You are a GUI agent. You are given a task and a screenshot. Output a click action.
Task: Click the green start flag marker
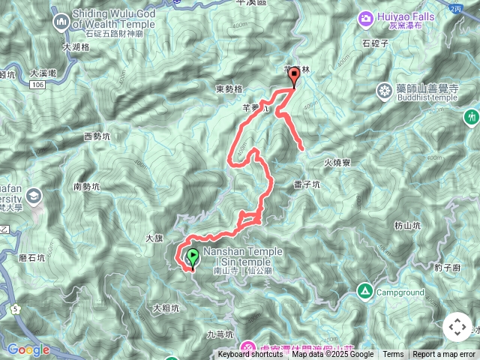[192, 257]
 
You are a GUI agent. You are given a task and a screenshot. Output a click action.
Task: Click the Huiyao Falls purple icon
[366, 17]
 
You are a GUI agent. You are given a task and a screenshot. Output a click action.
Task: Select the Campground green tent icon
[365, 291]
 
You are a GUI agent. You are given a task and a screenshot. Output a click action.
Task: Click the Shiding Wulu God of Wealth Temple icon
[61, 22]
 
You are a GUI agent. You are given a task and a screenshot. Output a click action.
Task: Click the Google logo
[28, 349]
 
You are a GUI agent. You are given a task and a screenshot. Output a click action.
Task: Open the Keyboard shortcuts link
[250, 355]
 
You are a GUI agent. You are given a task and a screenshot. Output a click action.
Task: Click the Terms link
[393, 355]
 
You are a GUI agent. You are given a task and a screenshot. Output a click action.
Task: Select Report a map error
[444, 355]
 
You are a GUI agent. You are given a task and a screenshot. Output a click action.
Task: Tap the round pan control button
[457, 327]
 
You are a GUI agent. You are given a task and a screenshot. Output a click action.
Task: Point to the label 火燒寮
[337, 160]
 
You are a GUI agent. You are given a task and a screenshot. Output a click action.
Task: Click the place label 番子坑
[307, 184]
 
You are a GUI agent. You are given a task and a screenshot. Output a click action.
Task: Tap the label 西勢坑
[97, 136]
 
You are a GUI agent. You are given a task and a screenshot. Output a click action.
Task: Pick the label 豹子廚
[446, 267]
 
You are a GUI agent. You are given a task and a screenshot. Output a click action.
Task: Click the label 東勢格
[229, 88]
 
